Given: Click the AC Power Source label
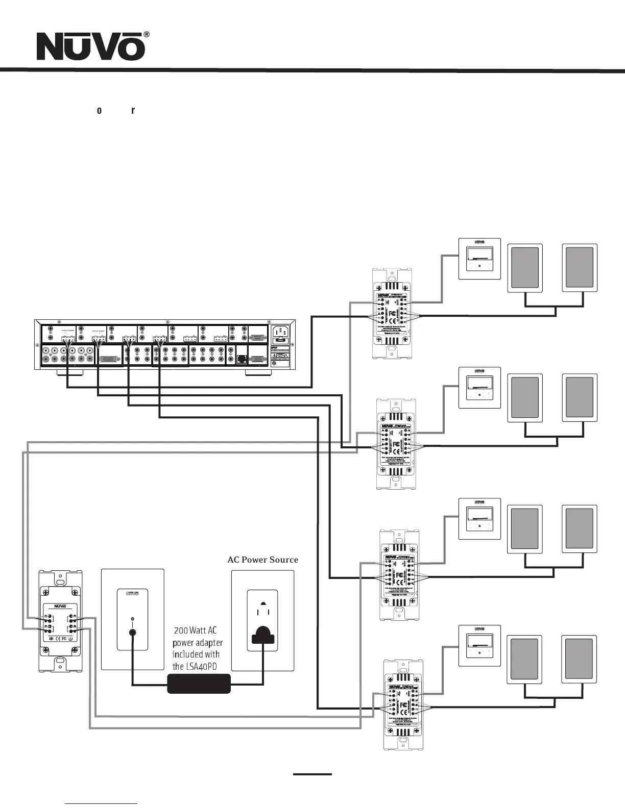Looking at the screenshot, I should pyautogui.click(x=262, y=560).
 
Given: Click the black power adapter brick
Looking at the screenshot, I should pyautogui.click(x=199, y=684).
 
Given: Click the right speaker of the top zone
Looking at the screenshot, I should pyautogui.click(x=580, y=268).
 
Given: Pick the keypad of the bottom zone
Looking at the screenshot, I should pyautogui.click(x=479, y=645).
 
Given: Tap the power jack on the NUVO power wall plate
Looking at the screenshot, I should pyautogui.click(x=132, y=633).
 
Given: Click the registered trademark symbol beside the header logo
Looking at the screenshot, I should pyautogui.click(x=147, y=35).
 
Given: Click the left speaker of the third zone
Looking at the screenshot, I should pyautogui.click(x=524, y=529).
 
